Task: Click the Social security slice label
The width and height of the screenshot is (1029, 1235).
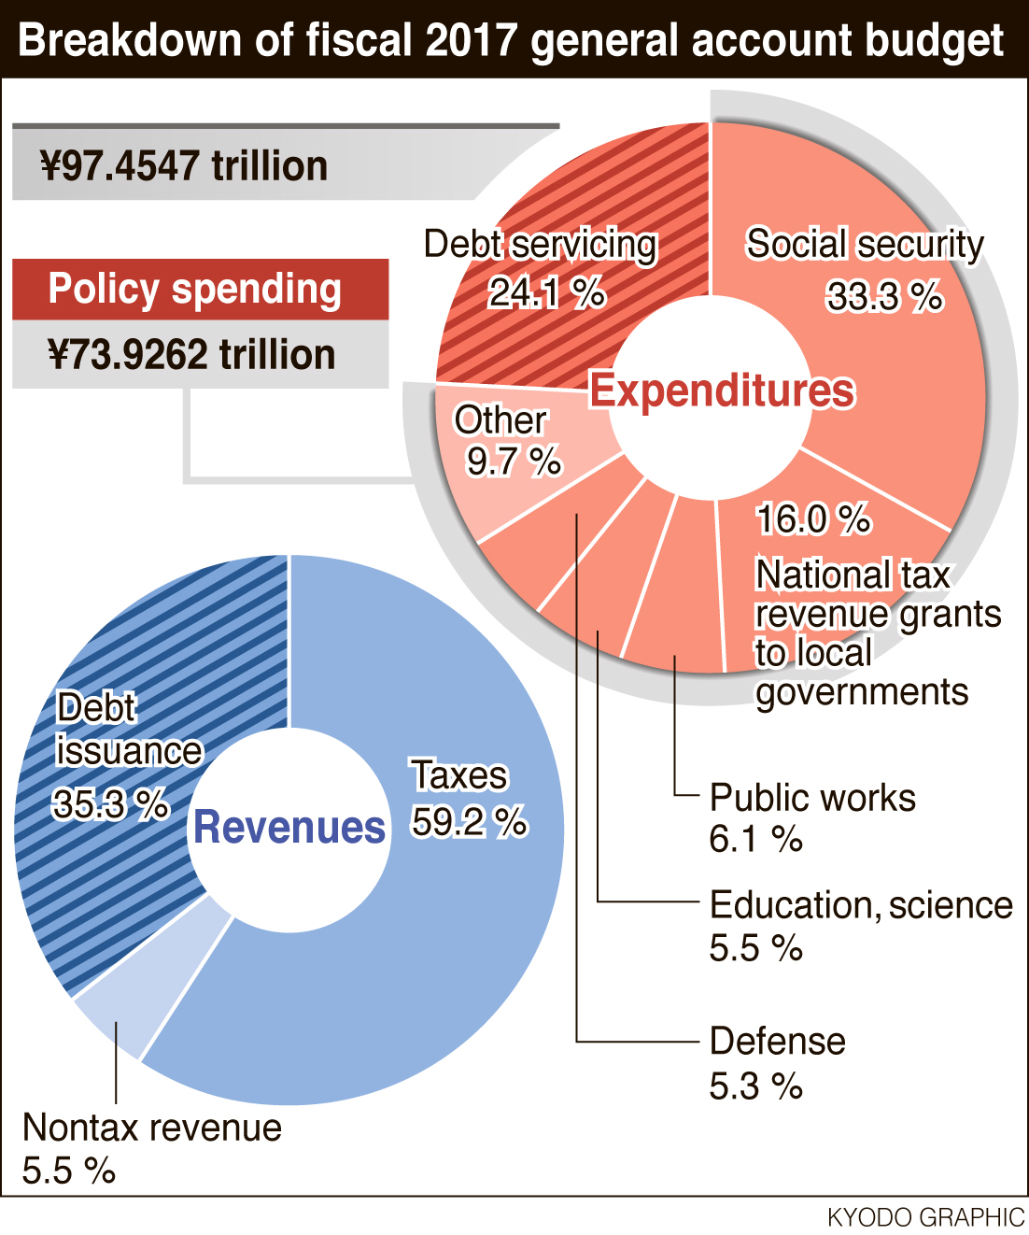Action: (865, 244)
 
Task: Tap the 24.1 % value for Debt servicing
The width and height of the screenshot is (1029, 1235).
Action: (547, 292)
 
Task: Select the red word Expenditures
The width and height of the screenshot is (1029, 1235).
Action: (723, 390)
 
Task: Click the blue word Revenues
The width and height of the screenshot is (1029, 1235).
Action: (289, 827)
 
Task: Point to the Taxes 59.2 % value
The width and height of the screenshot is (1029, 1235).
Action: (470, 821)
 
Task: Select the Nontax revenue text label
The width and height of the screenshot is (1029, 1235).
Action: (152, 1128)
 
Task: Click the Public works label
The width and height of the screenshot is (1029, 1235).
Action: (812, 797)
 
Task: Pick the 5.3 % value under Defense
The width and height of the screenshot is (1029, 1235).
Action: (755, 1086)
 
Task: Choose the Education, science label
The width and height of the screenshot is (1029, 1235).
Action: (861, 905)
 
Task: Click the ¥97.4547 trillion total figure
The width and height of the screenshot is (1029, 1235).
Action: (184, 165)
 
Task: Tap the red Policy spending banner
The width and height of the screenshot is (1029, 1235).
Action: (201, 290)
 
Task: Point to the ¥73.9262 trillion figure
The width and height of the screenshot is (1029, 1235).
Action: (191, 354)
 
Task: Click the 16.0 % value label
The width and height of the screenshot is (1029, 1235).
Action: (813, 519)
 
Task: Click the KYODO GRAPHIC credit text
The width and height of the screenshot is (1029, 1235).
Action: (926, 1218)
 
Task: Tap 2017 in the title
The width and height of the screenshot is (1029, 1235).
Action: (472, 40)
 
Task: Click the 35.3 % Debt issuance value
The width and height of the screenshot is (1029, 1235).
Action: (110, 804)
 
